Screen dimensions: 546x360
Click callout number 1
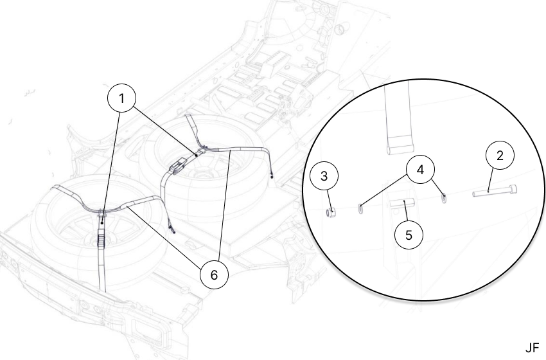[x=121, y=98]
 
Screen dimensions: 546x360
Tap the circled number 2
[x=500, y=156]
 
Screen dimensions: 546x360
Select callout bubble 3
[x=324, y=176]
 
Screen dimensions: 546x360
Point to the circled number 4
[x=420, y=170]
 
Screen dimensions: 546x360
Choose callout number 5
[x=409, y=235]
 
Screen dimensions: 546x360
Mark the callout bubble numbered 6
[x=214, y=274]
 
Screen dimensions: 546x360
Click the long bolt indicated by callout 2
[x=495, y=192]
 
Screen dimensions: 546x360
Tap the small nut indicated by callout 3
[x=331, y=212]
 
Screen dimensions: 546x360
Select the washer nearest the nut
[x=360, y=209]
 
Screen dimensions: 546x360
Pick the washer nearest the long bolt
[x=444, y=198]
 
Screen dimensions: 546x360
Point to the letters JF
[x=532, y=348]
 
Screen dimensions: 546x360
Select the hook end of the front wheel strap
[x=172, y=228]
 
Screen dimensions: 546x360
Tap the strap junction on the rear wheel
[x=202, y=150]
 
